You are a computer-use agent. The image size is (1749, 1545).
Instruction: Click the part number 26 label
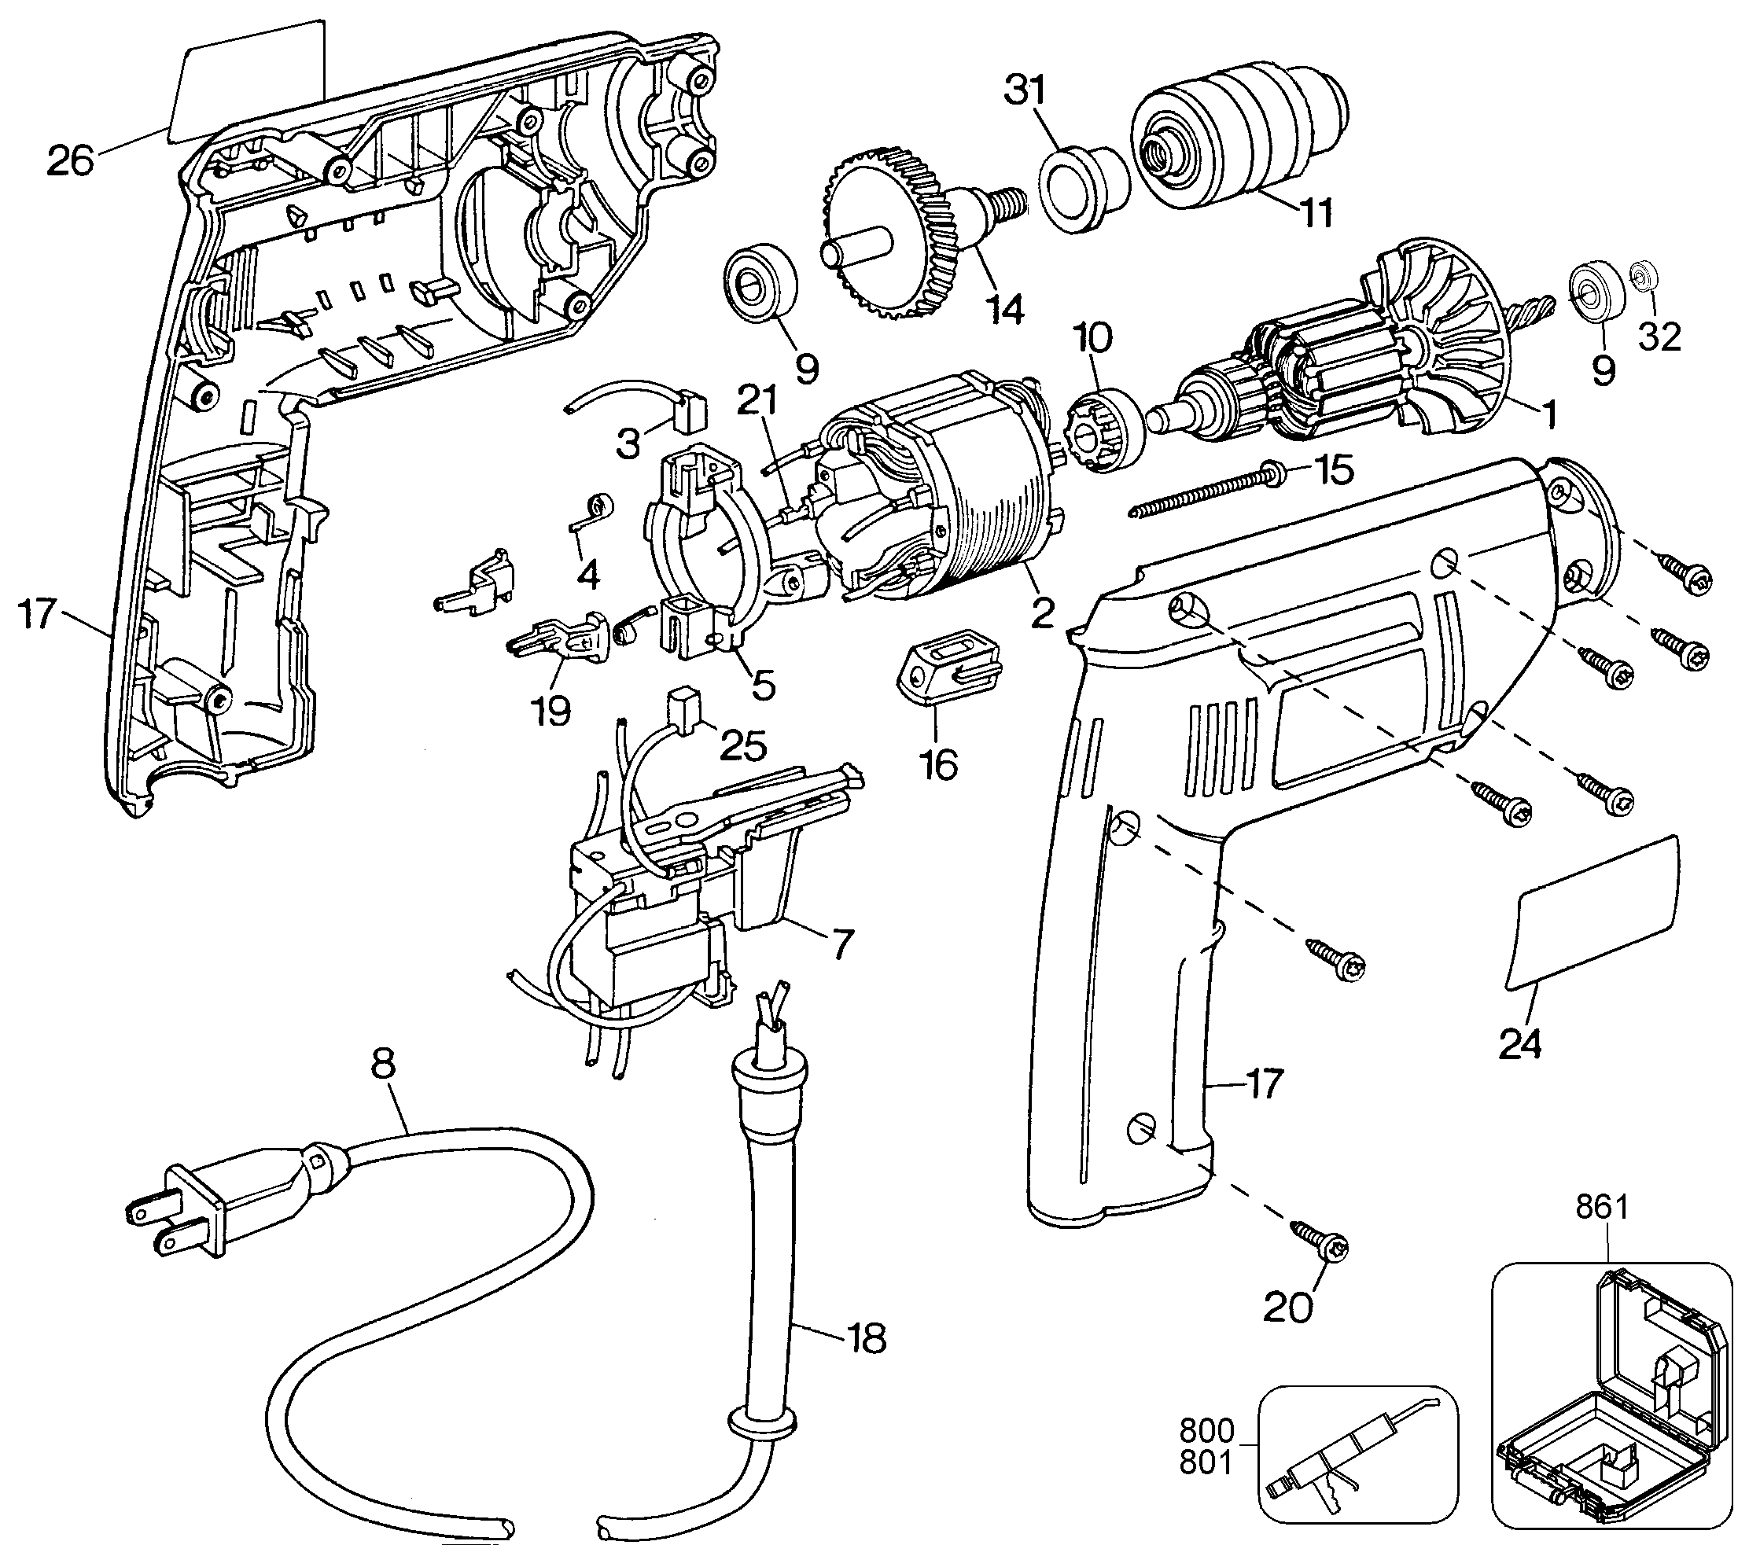[70, 160]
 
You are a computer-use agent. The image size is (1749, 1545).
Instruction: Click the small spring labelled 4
[591, 513]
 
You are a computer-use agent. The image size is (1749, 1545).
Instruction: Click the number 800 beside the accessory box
[1206, 1430]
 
